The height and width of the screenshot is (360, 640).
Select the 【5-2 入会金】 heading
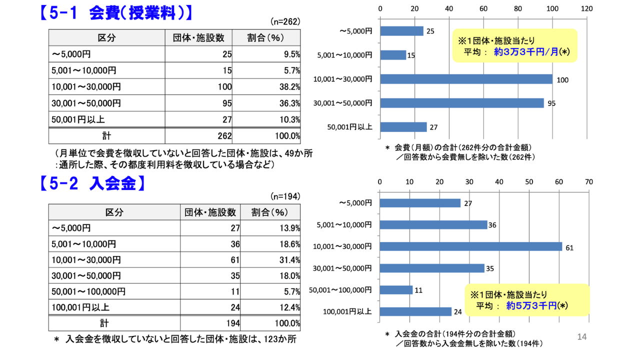(x=93, y=184)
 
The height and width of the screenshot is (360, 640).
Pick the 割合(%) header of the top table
(x=265, y=38)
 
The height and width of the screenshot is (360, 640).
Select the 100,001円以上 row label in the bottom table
(x=80, y=307)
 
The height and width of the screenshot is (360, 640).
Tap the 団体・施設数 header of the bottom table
(x=210, y=212)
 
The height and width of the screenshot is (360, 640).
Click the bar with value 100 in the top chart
(x=466, y=79)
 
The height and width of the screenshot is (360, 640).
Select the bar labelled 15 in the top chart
(x=393, y=55)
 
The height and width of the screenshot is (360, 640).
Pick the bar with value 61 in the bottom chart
(x=471, y=246)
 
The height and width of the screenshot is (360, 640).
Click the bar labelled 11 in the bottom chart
(x=396, y=290)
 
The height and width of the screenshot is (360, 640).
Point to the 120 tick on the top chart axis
(x=586, y=9)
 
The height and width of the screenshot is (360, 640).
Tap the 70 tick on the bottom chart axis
(x=589, y=182)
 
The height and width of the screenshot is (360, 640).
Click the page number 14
(x=581, y=337)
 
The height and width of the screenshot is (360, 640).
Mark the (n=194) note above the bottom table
(x=284, y=196)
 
